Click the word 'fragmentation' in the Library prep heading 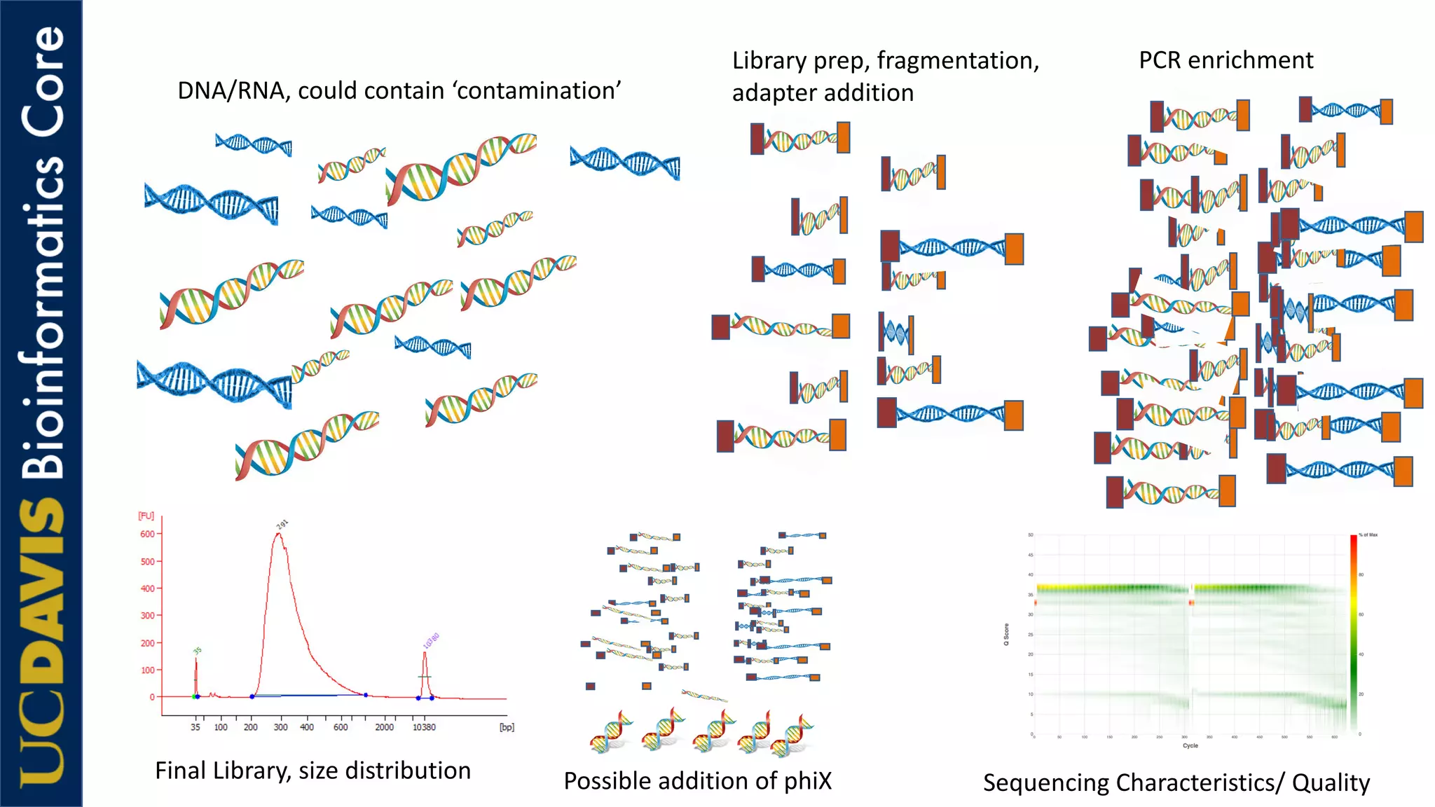[x=957, y=61]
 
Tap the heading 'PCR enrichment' [x=1225, y=60]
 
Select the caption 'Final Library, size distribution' [x=313, y=771]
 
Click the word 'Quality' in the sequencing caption [x=1331, y=782]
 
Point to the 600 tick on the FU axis [x=147, y=534]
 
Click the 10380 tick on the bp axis [x=424, y=727]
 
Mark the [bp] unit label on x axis [x=507, y=727]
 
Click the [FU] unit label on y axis [x=146, y=516]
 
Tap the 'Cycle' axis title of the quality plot [x=1190, y=745]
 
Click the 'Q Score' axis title [x=1006, y=634]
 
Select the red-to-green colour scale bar [x=1354, y=630]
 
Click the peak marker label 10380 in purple [x=431, y=640]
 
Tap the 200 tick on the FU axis [x=147, y=643]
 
